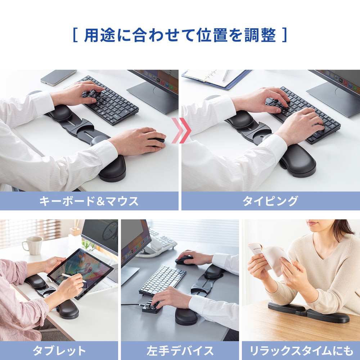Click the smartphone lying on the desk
[58, 77]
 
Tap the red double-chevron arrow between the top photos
[181, 130]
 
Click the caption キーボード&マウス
[89, 201]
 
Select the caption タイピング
[270, 201]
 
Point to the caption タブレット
[59, 351]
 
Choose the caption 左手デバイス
[180, 351]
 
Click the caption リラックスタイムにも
[301, 351]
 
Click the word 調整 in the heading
[260, 35]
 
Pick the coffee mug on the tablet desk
[33, 246]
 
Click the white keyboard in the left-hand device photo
[162, 280]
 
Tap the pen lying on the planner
[225, 76]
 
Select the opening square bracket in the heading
[75, 35]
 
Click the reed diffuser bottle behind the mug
[75, 231]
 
